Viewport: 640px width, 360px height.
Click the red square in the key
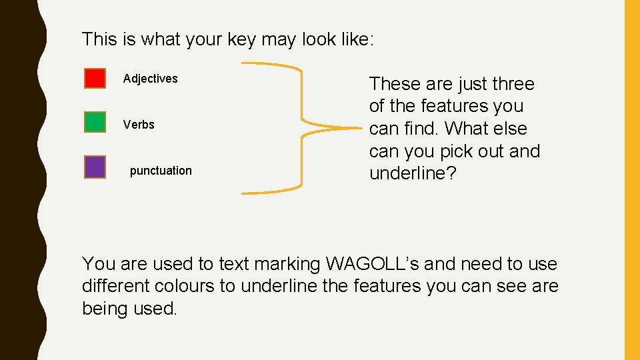[x=95, y=78]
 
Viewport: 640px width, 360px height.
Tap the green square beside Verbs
[x=95, y=123]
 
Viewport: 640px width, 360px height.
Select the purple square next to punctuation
[x=95, y=167]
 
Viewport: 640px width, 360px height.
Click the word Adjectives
[x=150, y=79]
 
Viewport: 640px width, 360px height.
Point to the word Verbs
[x=139, y=125]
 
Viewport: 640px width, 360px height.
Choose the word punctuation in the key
[x=161, y=171]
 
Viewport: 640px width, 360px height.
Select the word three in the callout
[x=513, y=84]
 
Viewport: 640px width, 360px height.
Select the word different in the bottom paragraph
[x=115, y=287]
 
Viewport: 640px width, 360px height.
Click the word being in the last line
[x=105, y=309]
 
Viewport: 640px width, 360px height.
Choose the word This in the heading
[x=99, y=39]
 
